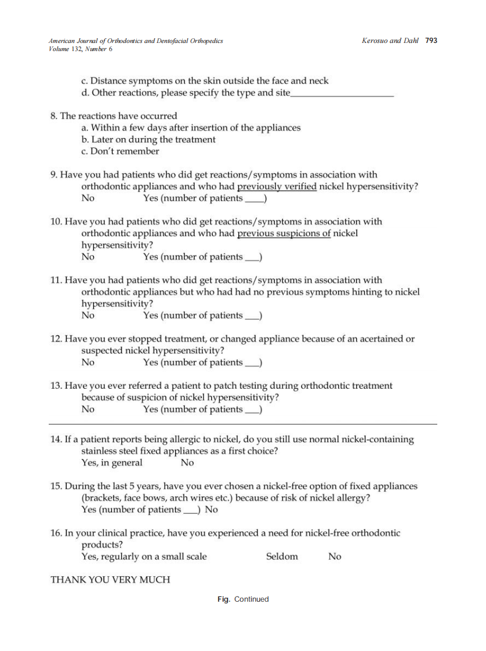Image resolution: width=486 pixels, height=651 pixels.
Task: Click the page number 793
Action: point(431,41)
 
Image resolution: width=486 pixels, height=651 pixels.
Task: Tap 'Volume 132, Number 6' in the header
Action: point(81,49)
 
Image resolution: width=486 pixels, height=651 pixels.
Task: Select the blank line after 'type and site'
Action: point(342,94)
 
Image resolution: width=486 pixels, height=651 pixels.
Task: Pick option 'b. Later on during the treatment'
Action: point(148,140)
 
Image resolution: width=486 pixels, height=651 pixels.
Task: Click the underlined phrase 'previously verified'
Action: point(277,187)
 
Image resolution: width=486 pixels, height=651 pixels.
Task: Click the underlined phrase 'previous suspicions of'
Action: point(284,234)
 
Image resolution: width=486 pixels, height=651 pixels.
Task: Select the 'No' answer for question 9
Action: point(88,198)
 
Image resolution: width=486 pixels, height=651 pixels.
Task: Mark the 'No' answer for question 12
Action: point(88,363)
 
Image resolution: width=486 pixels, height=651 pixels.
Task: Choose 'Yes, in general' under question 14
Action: point(111,463)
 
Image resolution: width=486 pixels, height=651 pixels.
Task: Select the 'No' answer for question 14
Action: point(187,463)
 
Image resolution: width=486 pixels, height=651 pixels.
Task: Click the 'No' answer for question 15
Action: point(212,510)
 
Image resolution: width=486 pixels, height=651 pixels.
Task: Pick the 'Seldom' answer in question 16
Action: point(282,557)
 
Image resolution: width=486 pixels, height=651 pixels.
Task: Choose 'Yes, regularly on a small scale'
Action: point(144,557)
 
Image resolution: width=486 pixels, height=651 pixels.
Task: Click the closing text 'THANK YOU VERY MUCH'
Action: point(110,580)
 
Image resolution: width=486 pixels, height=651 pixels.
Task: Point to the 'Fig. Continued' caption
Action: point(243,599)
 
